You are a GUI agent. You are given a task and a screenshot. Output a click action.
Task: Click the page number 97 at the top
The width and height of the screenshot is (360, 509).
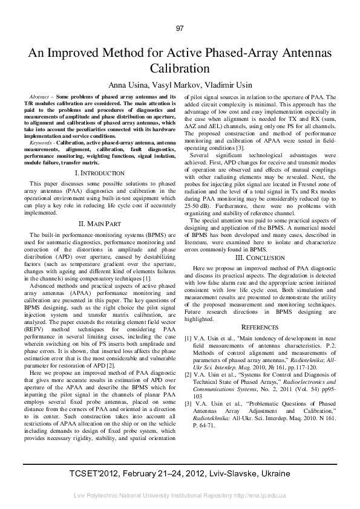pos(180,28)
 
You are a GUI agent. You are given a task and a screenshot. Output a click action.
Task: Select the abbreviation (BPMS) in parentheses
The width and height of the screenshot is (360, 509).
pos(146,233)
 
